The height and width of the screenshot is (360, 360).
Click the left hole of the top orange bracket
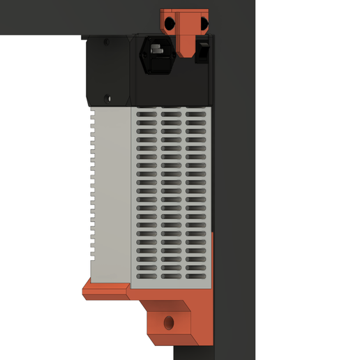[169, 24]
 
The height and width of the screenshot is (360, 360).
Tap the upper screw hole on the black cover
[107, 42]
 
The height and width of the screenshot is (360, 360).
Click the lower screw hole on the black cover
[107, 98]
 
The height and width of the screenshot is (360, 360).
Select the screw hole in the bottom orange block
[168, 322]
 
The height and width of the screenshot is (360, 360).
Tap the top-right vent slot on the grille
[195, 112]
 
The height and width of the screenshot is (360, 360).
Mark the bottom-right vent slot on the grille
[195, 277]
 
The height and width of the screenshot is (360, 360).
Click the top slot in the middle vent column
[171, 112]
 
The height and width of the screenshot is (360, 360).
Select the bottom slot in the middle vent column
[171, 277]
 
